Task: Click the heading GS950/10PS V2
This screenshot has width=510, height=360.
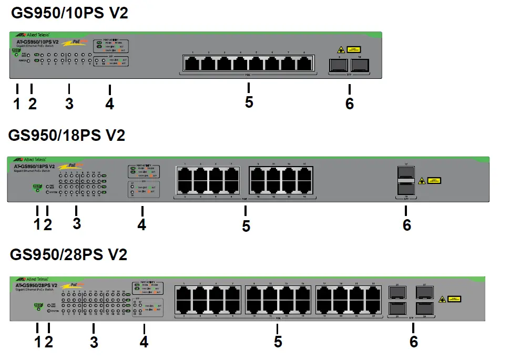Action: click(69, 13)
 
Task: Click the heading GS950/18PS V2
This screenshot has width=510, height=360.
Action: click(67, 135)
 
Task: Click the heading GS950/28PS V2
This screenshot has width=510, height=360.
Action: click(68, 255)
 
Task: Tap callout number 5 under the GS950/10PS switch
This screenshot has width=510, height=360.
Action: click(249, 102)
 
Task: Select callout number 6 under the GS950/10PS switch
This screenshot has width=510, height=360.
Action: click(350, 104)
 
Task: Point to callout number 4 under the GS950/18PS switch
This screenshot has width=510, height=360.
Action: click(141, 224)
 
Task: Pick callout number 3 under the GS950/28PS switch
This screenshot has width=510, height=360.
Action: click(94, 343)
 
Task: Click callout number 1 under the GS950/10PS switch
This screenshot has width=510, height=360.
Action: click(17, 104)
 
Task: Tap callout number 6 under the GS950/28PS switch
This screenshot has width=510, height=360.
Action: click(414, 342)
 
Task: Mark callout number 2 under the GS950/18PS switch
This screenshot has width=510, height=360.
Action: click(48, 224)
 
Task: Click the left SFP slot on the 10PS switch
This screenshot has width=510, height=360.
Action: click(338, 65)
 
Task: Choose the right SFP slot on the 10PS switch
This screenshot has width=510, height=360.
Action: click(360, 65)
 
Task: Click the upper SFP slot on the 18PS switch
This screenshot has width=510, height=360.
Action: click(405, 174)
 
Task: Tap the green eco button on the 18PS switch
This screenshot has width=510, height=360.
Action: click(37, 186)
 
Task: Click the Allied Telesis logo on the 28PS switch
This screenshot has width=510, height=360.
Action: click(32, 279)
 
